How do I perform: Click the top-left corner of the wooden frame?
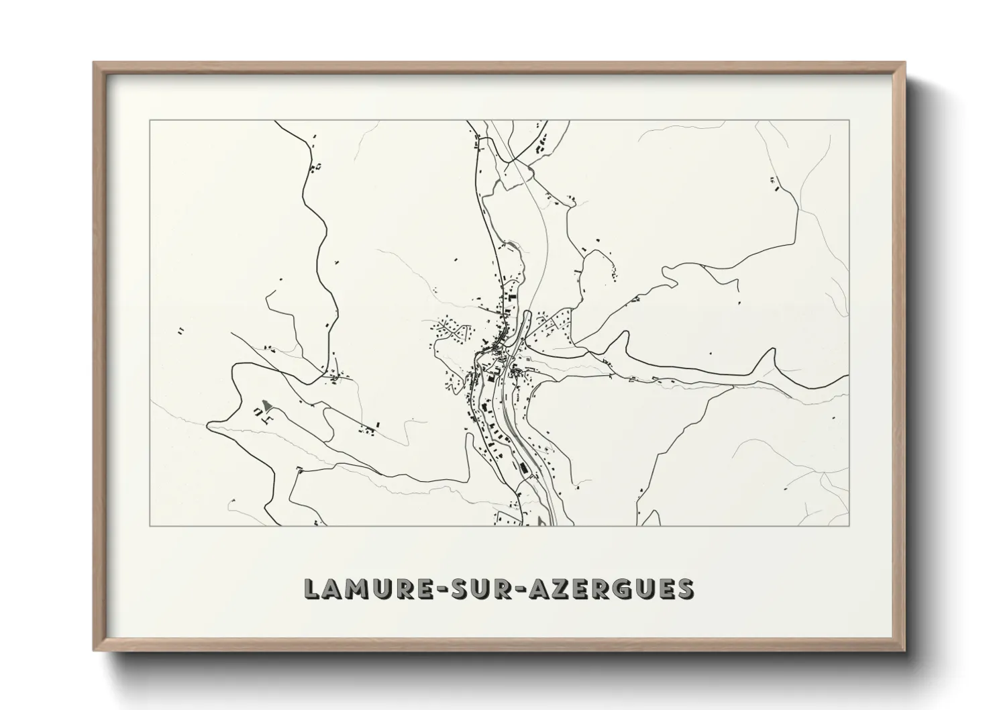coord(95,63)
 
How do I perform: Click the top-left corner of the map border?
coord(150,121)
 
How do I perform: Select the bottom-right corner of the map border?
coord(849,525)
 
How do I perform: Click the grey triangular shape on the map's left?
coord(267,406)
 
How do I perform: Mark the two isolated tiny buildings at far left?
coord(181,330)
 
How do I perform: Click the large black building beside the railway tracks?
coord(520,465)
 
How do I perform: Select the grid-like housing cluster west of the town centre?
coord(450,330)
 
